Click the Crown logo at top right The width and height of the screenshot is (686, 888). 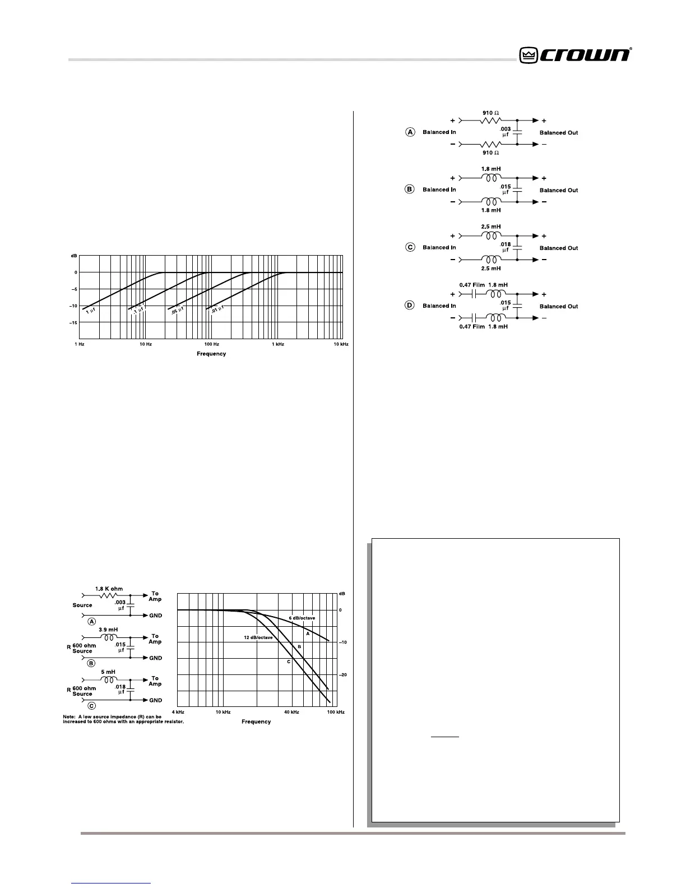pyautogui.click(x=576, y=55)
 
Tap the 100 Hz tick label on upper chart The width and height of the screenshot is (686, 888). pyautogui.click(x=211, y=344)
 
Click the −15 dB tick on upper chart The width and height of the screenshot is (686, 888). pyautogui.click(x=73, y=323)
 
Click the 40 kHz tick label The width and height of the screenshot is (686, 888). pyautogui.click(x=291, y=712)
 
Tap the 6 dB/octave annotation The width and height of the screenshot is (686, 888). pyautogui.click(x=302, y=618)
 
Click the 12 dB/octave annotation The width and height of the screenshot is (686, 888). pyautogui.click(x=258, y=638)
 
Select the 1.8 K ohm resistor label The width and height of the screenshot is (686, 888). pyautogui.click(x=110, y=589)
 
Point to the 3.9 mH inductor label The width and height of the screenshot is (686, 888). pyautogui.click(x=108, y=630)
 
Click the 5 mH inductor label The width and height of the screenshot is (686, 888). pyautogui.click(x=108, y=672)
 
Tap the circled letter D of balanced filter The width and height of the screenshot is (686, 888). pyautogui.click(x=410, y=305)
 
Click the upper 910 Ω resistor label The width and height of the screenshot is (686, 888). pyautogui.click(x=491, y=113)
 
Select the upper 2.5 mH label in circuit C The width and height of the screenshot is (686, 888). pyautogui.click(x=491, y=227)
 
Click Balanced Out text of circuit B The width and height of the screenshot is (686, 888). pyautogui.click(x=559, y=190)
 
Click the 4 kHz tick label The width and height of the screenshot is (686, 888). pyautogui.click(x=178, y=712)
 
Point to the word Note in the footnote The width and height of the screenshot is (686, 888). pyautogui.click(x=69, y=716)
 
